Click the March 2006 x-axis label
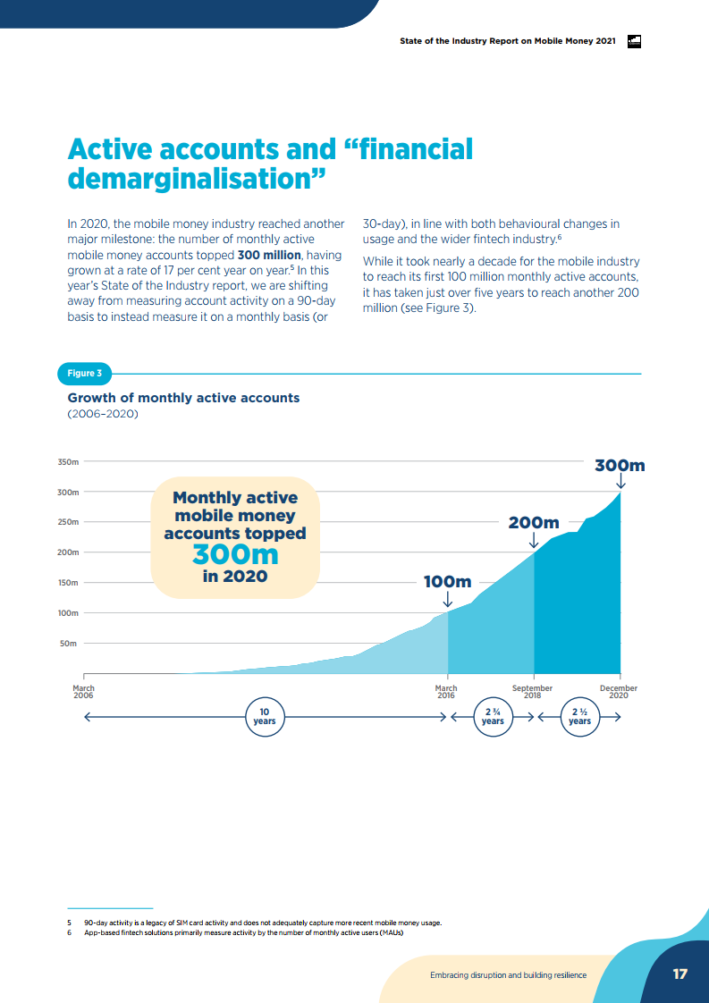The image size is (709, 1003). (x=83, y=692)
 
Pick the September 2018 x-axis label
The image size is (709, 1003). (x=532, y=692)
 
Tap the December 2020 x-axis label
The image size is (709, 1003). (x=619, y=692)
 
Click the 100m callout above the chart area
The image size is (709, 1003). (x=447, y=582)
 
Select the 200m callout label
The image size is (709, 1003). (x=534, y=522)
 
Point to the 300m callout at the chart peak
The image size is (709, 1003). (x=620, y=465)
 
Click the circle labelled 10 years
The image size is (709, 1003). (x=264, y=717)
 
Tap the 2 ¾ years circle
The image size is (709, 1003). (x=493, y=717)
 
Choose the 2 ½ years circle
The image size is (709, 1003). (x=579, y=717)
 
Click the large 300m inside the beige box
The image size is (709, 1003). (x=235, y=554)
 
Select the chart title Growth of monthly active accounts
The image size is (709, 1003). (x=184, y=398)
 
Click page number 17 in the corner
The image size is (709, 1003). (x=680, y=973)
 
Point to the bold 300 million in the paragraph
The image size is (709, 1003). (x=268, y=255)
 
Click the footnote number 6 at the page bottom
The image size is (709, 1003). (x=69, y=932)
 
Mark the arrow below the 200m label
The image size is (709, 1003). (x=534, y=541)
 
